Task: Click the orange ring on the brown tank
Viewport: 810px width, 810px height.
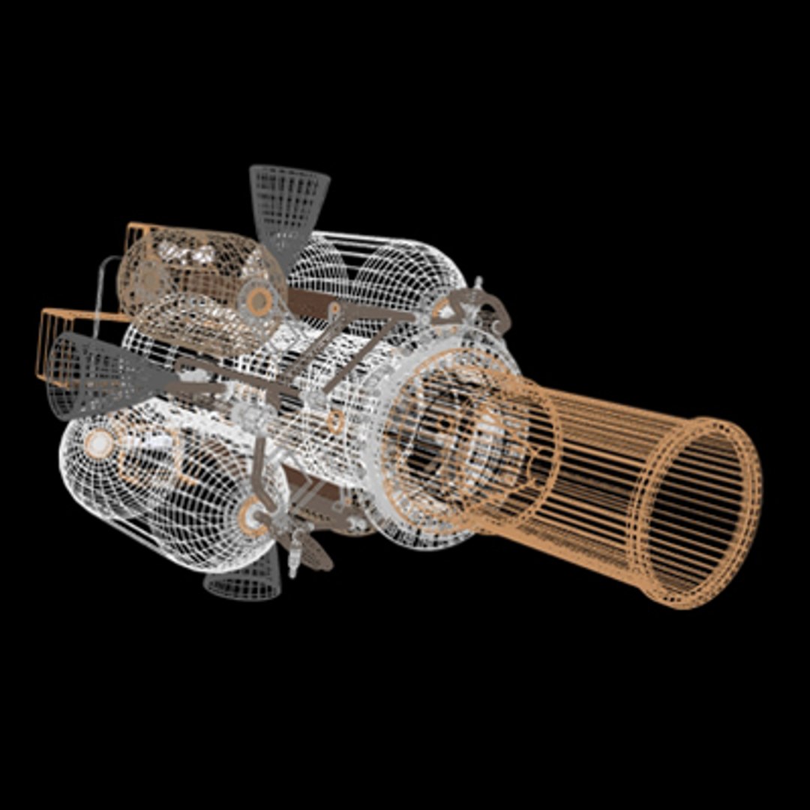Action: pos(259,301)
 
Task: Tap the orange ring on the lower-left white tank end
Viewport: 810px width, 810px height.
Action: pos(99,444)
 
